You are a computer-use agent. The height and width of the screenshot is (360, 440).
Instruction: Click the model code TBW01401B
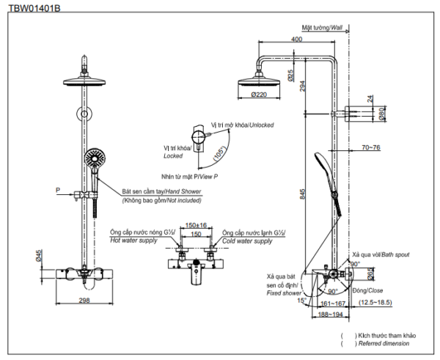[34, 8]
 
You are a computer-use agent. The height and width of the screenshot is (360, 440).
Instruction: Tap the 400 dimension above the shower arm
[296, 39]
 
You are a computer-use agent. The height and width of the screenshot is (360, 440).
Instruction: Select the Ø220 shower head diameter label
[259, 95]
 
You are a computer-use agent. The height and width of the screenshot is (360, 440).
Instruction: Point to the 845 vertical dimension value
[302, 194]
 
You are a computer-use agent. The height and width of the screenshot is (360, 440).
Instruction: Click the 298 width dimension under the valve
[84, 300]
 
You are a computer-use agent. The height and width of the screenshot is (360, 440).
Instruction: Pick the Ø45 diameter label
[39, 256]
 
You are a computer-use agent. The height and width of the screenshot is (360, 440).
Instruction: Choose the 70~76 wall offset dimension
[371, 147]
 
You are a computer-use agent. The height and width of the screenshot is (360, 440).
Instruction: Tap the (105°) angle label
[219, 153]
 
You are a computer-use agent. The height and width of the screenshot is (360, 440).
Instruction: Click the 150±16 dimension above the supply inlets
[196, 225]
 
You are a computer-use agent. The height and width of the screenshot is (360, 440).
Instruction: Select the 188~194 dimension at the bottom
[331, 315]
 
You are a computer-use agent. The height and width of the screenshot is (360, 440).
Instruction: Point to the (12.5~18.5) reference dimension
[375, 303]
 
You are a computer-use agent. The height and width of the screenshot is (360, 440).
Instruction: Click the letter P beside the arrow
[58, 190]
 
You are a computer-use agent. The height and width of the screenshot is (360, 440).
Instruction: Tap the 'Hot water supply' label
[133, 240]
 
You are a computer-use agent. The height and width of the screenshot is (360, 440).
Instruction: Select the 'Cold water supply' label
[247, 241]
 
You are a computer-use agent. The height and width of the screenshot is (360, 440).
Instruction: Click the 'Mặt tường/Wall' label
[322, 28]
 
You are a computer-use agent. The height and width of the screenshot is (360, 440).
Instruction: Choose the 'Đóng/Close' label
[368, 290]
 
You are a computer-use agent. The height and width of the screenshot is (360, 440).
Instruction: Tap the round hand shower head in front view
[95, 158]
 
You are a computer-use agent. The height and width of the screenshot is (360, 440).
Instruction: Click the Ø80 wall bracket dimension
[383, 114]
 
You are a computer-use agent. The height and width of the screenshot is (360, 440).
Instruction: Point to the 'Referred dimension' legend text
[384, 343]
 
